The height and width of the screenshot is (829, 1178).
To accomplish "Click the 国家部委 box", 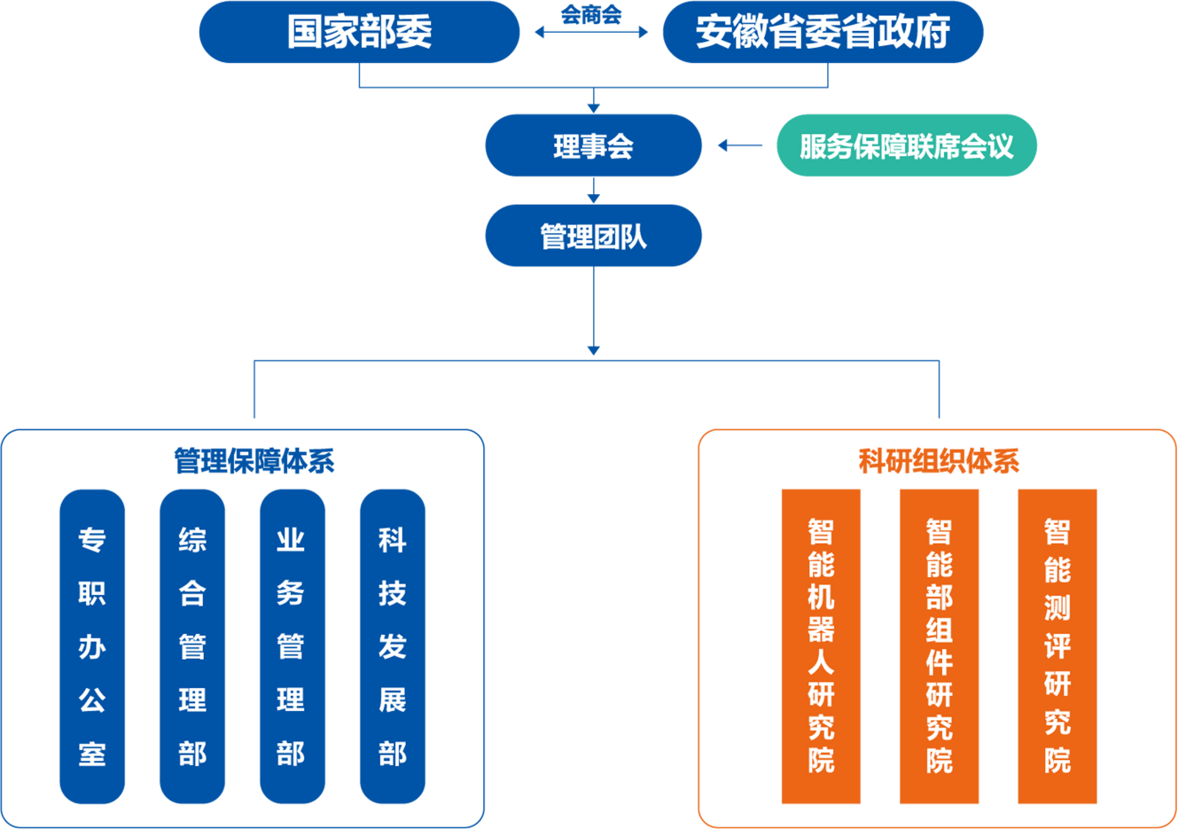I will [x=359, y=32].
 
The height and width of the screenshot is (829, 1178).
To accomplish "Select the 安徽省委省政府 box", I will [x=823, y=32].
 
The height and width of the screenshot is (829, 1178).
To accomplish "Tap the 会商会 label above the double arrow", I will [x=591, y=15].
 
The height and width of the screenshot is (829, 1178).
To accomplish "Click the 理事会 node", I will [x=593, y=145].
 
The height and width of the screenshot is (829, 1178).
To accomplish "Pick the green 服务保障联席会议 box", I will [x=906, y=145].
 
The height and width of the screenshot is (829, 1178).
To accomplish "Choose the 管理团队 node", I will [x=593, y=236].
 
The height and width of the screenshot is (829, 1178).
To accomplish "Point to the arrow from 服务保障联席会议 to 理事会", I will [x=740, y=145].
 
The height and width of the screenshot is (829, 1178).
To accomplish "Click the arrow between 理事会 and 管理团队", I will [x=593, y=190].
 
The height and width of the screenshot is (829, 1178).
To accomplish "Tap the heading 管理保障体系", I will [x=254, y=461].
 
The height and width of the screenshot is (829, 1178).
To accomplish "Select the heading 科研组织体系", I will [x=939, y=461].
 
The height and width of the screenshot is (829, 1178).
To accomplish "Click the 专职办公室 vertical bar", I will [x=92, y=646].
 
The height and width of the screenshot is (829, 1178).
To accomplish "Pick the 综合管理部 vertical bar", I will [x=192, y=646].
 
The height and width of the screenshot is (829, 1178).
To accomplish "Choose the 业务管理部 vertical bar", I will [x=292, y=646].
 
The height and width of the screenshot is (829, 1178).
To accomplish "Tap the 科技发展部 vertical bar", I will [x=393, y=646].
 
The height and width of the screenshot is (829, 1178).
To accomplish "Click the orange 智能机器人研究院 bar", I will [x=821, y=646].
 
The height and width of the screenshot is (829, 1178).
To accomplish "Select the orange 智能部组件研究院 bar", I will [x=940, y=646].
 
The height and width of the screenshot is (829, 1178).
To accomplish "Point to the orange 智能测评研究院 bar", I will [x=1057, y=646].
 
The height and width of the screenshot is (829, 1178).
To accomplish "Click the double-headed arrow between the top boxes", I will [x=591, y=33].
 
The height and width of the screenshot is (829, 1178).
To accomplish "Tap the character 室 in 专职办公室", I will [x=92, y=754].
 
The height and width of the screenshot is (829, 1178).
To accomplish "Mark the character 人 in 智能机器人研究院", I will [x=821, y=661].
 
